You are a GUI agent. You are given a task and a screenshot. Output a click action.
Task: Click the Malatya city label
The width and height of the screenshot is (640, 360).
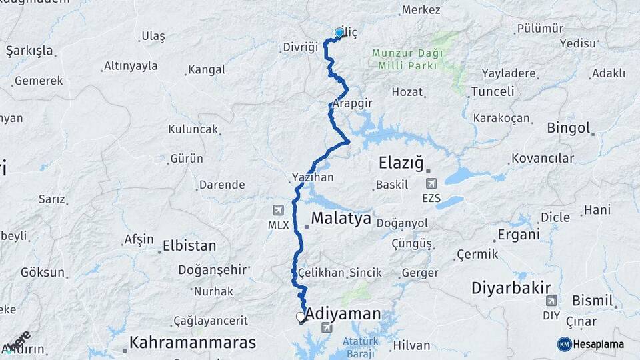click(x=341, y=219)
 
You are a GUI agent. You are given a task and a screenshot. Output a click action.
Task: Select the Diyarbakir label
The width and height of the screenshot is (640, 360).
click(x=509, y=288)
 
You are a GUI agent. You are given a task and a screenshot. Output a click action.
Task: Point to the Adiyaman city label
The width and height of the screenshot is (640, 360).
click(x=343, y=314)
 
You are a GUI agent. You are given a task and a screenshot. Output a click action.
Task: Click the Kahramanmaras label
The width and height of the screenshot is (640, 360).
click(x=193, y=343)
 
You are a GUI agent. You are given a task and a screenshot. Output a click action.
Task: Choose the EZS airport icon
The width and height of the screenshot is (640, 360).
click(x=431, y=183)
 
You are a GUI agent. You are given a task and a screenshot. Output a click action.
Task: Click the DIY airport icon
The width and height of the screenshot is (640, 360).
click(x=551, y=301)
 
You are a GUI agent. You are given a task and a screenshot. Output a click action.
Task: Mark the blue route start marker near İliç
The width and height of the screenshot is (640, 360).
click(x=339, y=33)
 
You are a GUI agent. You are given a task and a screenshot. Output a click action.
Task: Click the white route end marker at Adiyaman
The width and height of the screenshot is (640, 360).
click(x=301, y=317)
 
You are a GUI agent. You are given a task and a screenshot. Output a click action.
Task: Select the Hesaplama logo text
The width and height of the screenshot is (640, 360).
click(x=598, y=344)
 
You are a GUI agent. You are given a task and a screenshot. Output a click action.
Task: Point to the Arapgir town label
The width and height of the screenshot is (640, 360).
click(x=353, y=104)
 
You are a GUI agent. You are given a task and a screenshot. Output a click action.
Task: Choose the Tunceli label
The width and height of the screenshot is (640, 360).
click(x=493, y=91)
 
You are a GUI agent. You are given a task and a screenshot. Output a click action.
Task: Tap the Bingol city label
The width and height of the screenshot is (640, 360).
click(x=569, y=127)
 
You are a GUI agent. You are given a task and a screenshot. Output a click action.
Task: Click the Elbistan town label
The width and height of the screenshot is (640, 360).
click(x=189, y=246)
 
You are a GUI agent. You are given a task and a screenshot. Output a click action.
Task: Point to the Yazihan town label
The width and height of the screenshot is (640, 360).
click(x=312, y=178)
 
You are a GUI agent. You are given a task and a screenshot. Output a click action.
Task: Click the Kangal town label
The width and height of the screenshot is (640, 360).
click(x=207, y=69)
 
